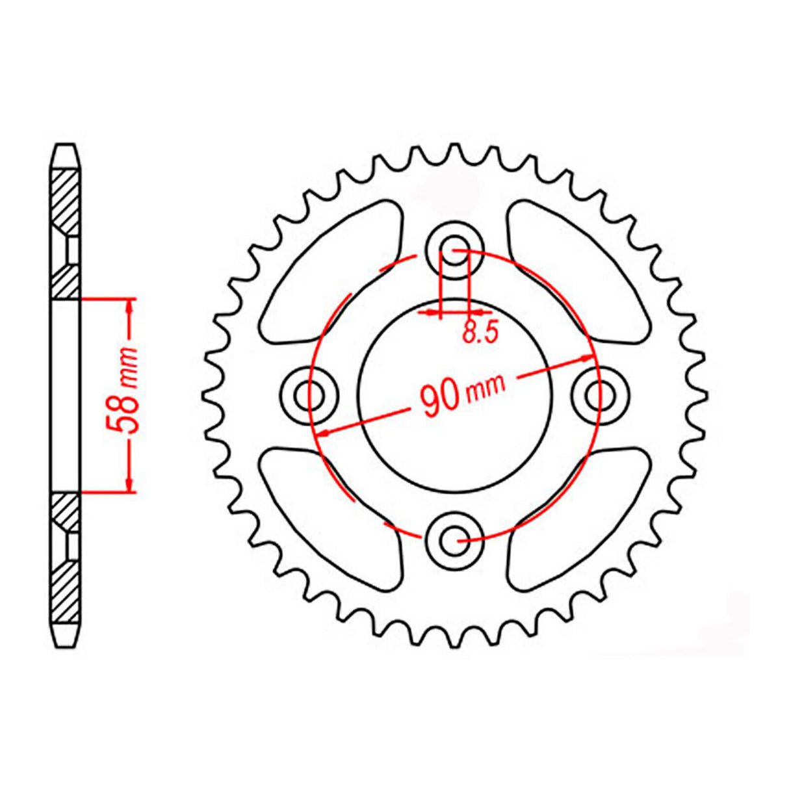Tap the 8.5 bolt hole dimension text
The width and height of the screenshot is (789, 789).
tap(480, 332)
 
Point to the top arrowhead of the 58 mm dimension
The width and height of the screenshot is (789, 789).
tap(130, 305)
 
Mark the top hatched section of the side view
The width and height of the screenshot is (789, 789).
tap(66, 234)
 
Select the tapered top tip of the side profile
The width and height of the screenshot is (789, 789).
tap(66, 156)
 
